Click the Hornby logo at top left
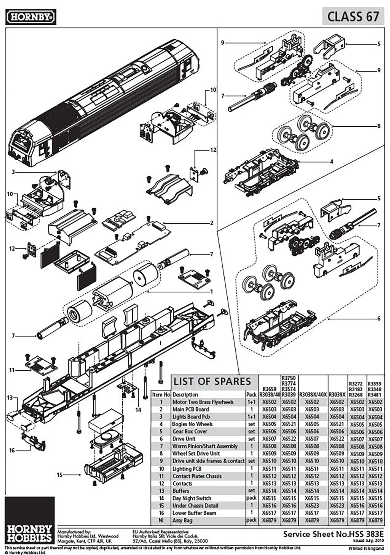tap(31, 17)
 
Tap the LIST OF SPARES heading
tap(212, 382)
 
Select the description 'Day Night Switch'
tap(192, 498)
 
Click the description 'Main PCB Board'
tap(191, 409)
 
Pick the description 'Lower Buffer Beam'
tap(194, 513)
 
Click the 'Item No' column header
tap(161, 395)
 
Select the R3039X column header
tap(337, 395)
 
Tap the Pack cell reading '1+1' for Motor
tap(251, 402)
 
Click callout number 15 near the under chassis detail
tap(60, 475)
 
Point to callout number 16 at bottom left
tap(12, 451)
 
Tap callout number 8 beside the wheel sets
tap(378, 126)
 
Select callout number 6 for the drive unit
tap(378, 319)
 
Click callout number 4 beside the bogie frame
tap(331, 162)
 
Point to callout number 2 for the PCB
tap(211, 223)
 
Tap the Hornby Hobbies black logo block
tap(30, 520)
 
